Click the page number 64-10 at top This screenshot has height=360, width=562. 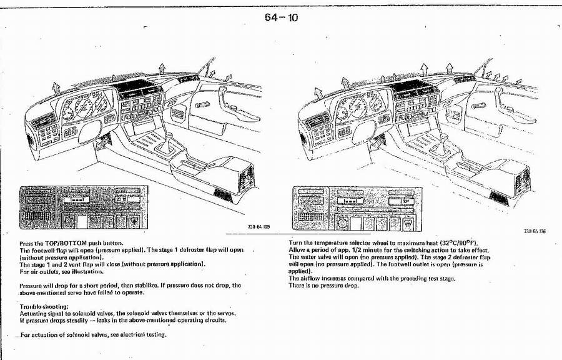tap(281, 17)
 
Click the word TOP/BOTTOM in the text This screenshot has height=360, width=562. tap(63, 243)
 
